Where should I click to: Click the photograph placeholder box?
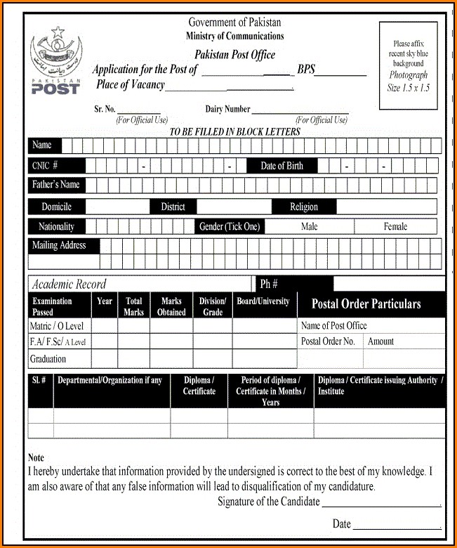(408, 65)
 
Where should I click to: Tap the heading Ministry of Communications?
(235, 37)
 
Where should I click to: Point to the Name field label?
(43, 145)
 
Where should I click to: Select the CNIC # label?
(45, 166)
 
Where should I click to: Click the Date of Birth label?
(282, 166)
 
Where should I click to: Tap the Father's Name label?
(56, 185)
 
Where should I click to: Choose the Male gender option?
(310, 227)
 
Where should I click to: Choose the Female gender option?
(395, 227)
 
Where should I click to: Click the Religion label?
(304, 207)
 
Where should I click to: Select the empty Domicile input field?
(117, 207)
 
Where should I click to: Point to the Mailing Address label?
(59, 246)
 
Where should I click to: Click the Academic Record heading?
(69, 284)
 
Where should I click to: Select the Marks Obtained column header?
(171, 306)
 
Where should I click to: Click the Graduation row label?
(48, 359)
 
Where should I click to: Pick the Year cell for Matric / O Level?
(105, 326)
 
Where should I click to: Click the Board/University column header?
(263, 301)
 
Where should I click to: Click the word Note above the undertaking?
(36, 458)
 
